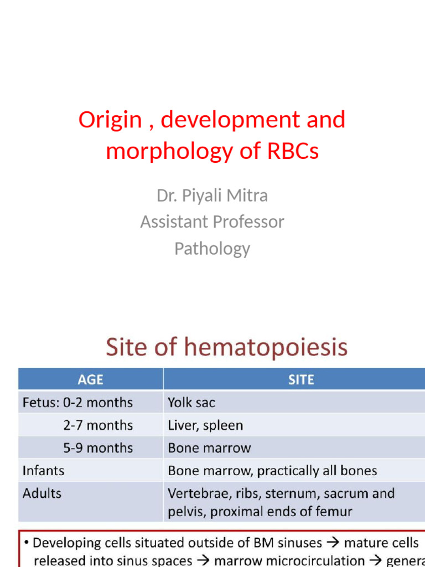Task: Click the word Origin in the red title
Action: (x=110, y=120)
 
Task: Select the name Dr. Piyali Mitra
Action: (x=212, y=195)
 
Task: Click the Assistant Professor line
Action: (x=212, y=222)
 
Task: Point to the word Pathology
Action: (x=212, y=249)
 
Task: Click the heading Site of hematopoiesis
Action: (x=227, y=348)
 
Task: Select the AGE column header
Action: (x=90, y=380)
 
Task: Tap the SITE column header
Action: (x=301, y=380)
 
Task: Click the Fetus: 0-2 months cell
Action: (x=77, y=403)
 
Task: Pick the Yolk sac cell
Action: (x=191, y=403)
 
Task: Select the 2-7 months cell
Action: (x=97, y=425)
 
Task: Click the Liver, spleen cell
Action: (x=205, y=425)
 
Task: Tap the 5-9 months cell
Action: (x=97, y=447)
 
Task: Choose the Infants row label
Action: (x=43, y=471)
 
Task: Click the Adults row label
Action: (x=42, y=493)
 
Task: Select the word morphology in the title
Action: (x=165, y=151)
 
